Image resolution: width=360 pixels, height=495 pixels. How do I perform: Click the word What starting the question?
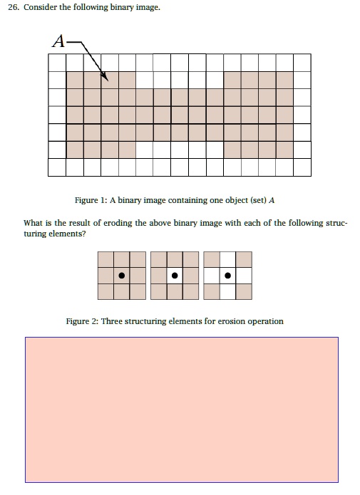35,223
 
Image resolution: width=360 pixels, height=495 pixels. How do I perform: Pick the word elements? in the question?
68,234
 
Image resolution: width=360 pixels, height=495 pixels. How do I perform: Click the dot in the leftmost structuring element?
122,275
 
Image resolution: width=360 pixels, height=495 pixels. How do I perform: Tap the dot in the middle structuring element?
175,275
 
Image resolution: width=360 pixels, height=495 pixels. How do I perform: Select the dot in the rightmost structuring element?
227,275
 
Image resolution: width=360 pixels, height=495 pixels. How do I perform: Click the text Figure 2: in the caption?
82,321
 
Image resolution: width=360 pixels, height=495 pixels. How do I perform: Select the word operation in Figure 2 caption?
264,321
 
